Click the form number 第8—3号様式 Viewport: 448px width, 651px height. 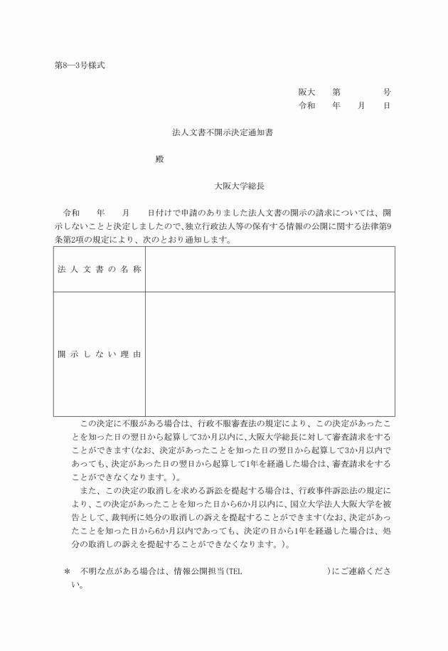(80, 65)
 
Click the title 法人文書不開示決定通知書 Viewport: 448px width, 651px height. (223, 132)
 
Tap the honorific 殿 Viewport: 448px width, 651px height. (160, 159)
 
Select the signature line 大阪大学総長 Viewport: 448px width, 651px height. (240, 186)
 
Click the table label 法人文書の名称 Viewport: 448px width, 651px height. (99, 270)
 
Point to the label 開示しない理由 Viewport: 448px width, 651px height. (99, 354)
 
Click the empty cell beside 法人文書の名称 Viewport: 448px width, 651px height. (270, 270)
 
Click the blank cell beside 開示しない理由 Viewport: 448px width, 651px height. (270, 354)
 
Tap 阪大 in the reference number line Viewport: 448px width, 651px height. (306, 92)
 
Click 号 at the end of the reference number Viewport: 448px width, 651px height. (386, 92)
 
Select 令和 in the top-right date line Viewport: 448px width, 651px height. (306, 105)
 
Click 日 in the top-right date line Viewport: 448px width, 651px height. (386, 105)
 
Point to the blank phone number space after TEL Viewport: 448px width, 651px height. (284, 571)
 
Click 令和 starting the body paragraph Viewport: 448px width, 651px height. (72, 213)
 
